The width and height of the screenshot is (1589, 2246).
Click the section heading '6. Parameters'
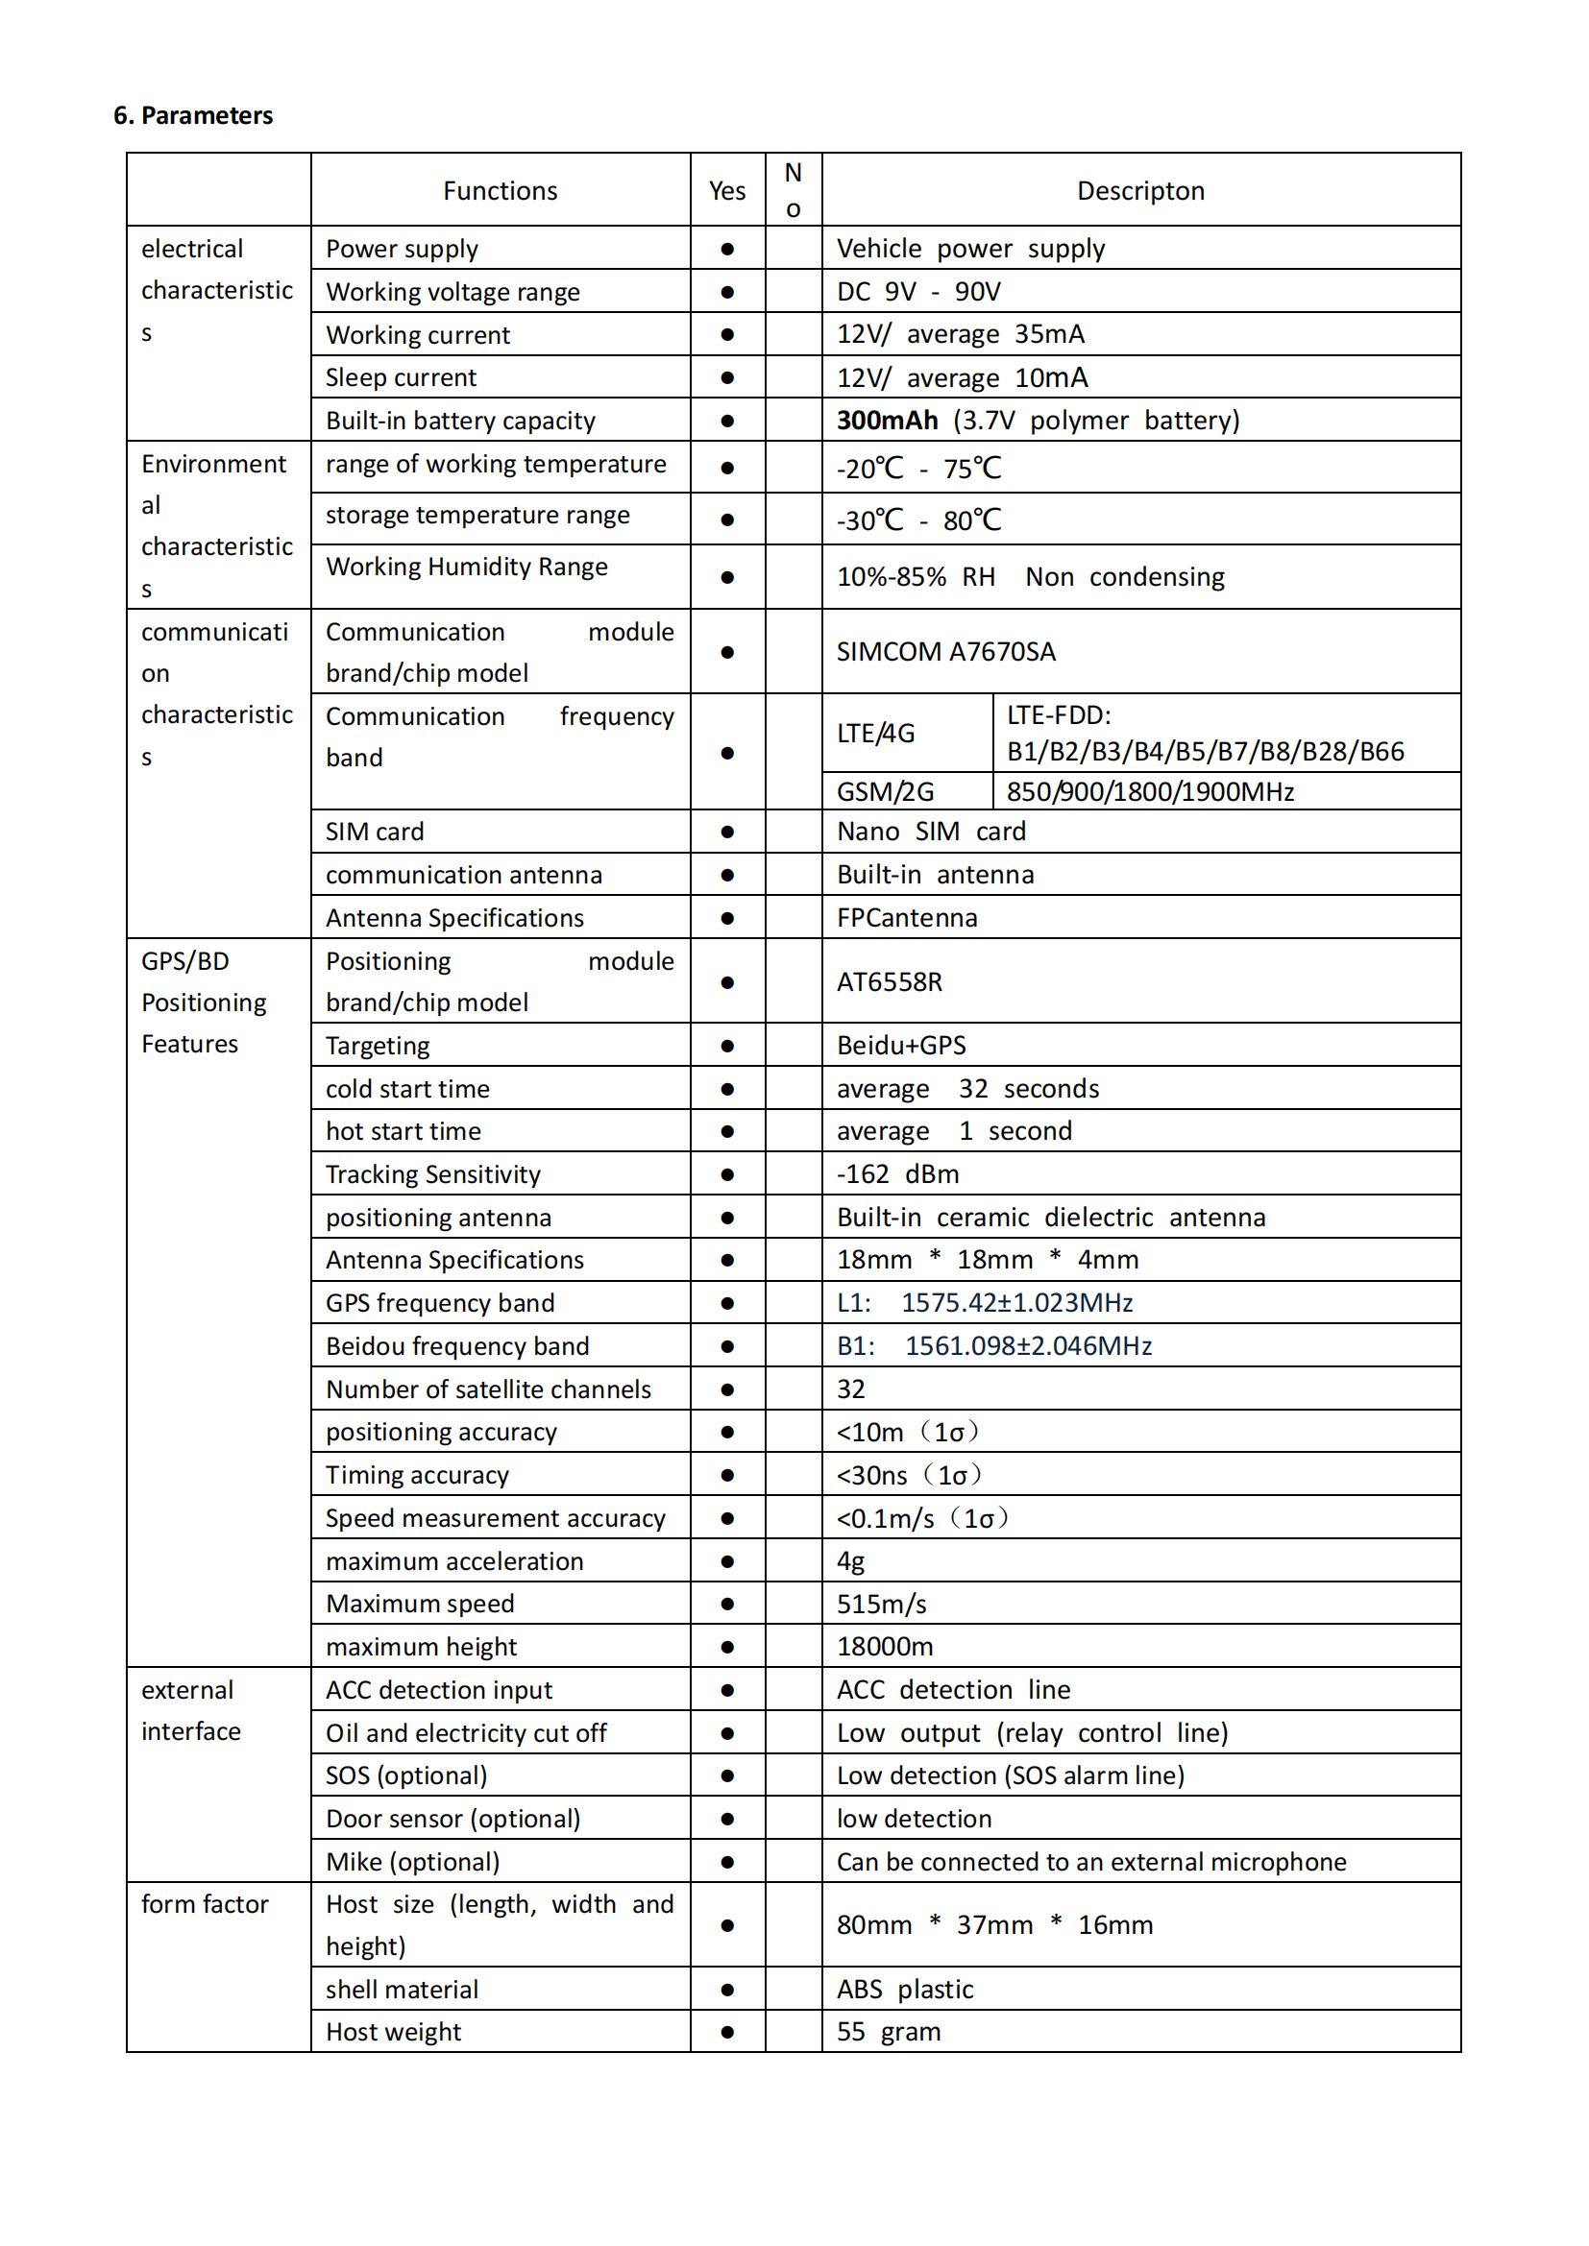click(x=193, y=115)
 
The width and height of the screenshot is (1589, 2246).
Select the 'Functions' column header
click(x=500, y=191)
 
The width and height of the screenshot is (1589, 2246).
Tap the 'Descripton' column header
click(x=1140, y=191)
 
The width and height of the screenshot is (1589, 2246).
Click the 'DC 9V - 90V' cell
click(x=917, y=292)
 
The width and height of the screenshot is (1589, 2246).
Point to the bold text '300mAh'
click(x=887, y=421)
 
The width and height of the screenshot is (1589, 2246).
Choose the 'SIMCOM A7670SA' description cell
click(x=945, y=651)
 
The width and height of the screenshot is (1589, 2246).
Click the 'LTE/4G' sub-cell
click(x=876, y=734)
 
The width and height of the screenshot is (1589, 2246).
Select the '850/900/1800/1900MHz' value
click(x=1150, y=791)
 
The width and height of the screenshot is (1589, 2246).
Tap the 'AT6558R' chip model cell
click(x=889, y=982)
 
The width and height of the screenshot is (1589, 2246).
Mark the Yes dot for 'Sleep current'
click(x=727, y=377)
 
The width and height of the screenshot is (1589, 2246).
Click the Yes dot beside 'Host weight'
click(x=727, y=2032)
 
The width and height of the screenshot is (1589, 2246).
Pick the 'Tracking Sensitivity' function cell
click(x=432, y=1173)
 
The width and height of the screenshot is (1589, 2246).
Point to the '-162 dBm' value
click(x=897, y=1173)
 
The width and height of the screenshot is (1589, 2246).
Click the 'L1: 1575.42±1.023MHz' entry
click(x=985, y=1303)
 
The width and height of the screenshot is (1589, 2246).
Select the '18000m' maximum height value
click(x=885, y=1647)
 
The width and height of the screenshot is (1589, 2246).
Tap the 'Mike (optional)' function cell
click(x=412, y=1862)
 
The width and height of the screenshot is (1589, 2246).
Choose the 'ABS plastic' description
click(x=905, y=1989)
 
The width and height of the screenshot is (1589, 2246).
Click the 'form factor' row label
click(x=205, y=1903)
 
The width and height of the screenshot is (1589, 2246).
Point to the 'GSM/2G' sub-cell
click(x=885, y=791)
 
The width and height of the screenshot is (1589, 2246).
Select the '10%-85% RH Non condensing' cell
click(x=1029, y=577)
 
